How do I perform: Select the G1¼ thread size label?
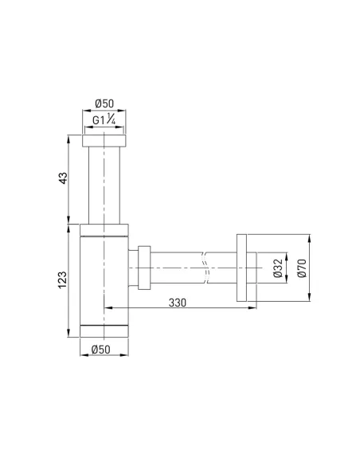pyautogui.click(x=104, y=122)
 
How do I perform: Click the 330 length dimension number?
pyautogui.click(x=179, y=302)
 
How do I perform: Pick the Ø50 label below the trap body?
pyautogui.click(x=104, y=349)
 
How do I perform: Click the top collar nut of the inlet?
pyautogui.click(x=104, y=141)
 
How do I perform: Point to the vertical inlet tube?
pyautogui.click(x=104, y=183)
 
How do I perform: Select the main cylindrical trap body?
pyautogui.click(x=104, y=279)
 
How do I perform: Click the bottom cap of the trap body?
pyautogui.click(x=104, y=330)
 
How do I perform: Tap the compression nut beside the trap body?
pyautogui.click(x=144, y=268)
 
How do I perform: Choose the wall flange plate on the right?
pyautogui.click(x=244, y=268)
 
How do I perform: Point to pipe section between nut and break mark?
pyautogui.click(x=177, y=268)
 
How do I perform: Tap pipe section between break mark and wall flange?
pyautogui.click(x=223, y=268)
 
